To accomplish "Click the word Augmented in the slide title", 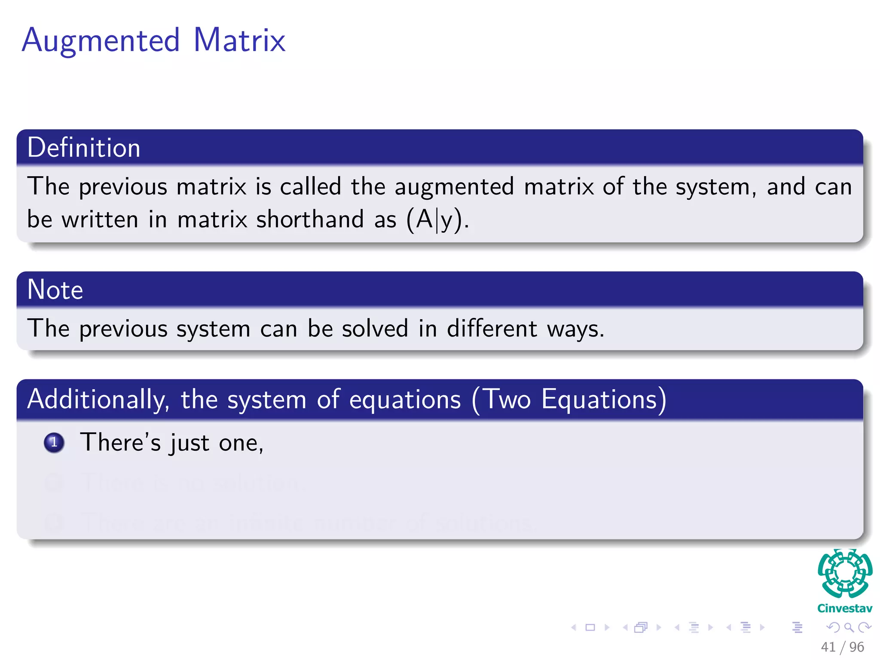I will coord(101,41).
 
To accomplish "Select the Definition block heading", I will coord(84,148).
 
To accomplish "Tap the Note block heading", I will coord(55,290).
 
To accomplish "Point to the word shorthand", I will coord(310,219).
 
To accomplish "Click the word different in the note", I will coord(492,329).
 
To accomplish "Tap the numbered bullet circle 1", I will coord(54,443).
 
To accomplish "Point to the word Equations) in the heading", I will coord(604,399).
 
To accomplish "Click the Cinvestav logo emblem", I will coord(845,574).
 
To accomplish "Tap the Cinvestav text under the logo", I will coord(845,608).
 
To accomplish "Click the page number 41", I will coord(828,647).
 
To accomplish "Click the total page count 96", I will coord(857,647).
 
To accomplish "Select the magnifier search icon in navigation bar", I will coord(849,628).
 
